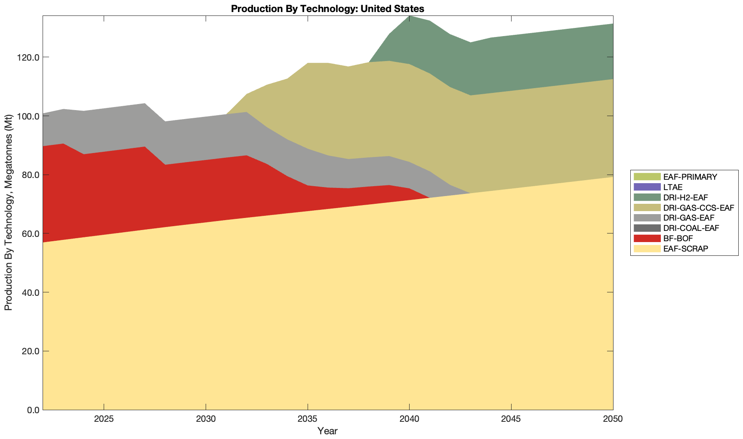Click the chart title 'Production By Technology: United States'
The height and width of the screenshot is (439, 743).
tap(327, 9)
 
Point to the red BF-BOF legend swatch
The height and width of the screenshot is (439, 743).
tap(647, 238)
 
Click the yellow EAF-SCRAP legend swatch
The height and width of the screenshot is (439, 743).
tap(647, 249)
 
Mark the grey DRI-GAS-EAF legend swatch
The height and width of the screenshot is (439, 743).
tap(647, 218)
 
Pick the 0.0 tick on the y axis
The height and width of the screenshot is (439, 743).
tap(33, 410)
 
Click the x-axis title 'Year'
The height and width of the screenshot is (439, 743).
tap(327, 431)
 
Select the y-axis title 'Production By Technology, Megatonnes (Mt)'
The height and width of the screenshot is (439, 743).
tap(9, 213)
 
